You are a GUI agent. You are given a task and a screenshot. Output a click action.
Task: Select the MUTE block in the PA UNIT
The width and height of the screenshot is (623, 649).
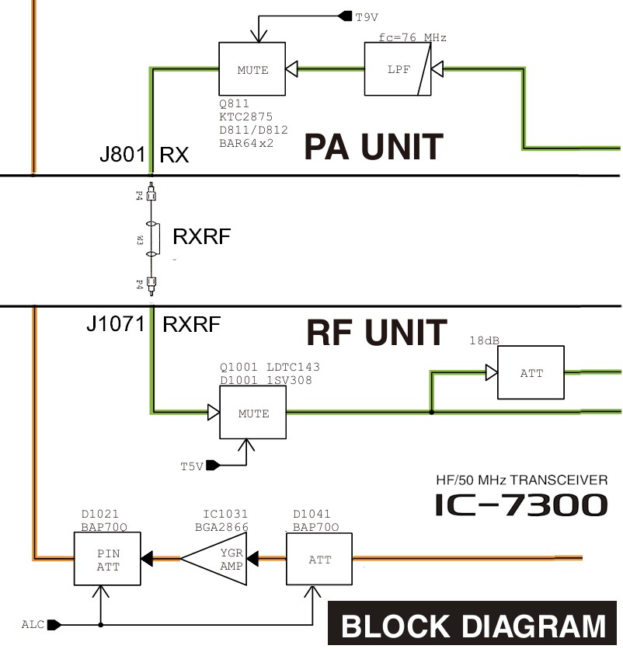(x=252, y=70)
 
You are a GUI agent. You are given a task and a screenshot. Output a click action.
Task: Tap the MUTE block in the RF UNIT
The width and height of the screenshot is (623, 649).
(x=252, y=413)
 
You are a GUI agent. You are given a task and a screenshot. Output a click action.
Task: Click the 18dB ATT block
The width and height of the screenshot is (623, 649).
(x=531, y=373)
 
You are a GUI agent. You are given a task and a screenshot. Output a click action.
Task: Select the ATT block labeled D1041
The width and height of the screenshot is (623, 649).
(x=320, y=560)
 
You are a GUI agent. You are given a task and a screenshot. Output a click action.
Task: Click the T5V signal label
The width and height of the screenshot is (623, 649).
(x=192, y=466)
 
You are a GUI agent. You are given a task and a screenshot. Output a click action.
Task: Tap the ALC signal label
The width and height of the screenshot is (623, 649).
(x=33, y=624)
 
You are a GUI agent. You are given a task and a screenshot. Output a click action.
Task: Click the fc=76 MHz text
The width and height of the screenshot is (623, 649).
(x=412, y=37)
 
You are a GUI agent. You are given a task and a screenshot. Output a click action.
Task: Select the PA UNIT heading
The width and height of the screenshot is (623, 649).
(x=373, y=146)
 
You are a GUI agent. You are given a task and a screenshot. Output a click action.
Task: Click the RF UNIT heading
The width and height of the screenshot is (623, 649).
(x=377, y=333)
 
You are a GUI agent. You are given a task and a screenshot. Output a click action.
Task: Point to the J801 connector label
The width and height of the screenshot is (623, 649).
(x=123, y=155)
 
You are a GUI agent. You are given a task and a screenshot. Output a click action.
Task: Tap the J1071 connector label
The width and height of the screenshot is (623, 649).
(x=116, y=324)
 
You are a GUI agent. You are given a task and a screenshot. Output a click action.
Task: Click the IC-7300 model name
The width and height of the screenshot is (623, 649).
(x=521, y=505)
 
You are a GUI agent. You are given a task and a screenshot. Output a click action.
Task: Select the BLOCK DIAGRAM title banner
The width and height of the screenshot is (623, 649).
(x=474, y=626)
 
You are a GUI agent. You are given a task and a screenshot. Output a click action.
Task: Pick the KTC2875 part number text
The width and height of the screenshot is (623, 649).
(x=246, y=117)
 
